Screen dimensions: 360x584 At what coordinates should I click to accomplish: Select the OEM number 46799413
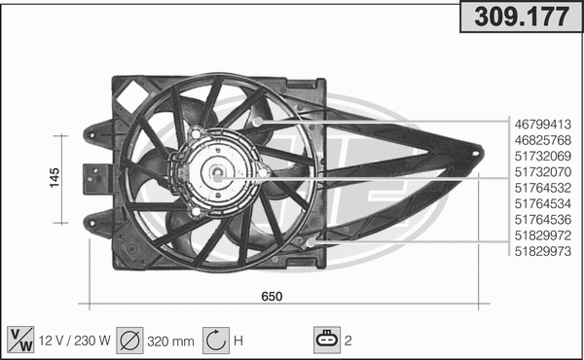[543, 124]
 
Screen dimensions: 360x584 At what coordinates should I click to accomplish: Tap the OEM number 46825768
[543, 139]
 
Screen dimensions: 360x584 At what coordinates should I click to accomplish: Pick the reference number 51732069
[543, 156]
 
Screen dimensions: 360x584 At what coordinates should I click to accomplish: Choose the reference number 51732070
[543, 171]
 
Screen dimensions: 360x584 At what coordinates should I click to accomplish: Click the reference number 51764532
[543, 187]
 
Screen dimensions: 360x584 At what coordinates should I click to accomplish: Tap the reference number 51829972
[543, 234]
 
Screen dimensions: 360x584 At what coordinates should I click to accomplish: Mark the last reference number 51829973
[543, 250]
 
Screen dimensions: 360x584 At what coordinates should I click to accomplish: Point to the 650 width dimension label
[272, 297]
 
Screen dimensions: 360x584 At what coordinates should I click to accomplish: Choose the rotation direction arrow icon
[215, 340]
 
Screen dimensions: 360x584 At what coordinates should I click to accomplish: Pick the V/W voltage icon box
[18, 340]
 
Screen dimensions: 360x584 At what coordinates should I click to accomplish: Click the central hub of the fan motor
[215, 176]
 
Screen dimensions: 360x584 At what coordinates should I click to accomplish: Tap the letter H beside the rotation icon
[237, 341]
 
